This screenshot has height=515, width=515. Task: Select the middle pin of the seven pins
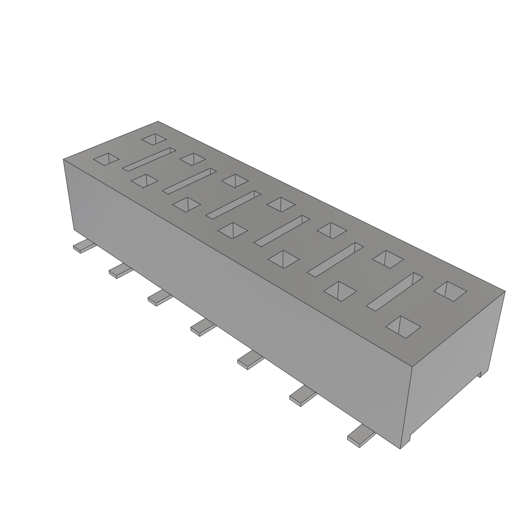pyautogui.click(x=203, y=327)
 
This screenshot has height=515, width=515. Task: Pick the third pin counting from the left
pyautogui.click(x=159, y=298)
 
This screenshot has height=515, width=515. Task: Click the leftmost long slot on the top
pyautogui.click(x=148, y=159)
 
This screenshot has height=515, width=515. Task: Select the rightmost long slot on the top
pyautogui.click(x=394, y=291)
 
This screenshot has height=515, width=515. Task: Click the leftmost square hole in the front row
pyautogui.click(x=106, y=159)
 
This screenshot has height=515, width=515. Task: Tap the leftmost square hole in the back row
pyautogui.click(x=154, y=139)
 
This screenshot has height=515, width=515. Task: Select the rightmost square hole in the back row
pyautogui.click(x=450, y=291)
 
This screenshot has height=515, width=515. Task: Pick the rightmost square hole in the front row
pyautogui.click(x=403, y=326)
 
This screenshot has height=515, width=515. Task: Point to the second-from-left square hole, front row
pyautogui.click(x=144, y=181)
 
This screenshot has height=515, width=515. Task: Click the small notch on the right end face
pyautogui.click(x=481, y=373)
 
